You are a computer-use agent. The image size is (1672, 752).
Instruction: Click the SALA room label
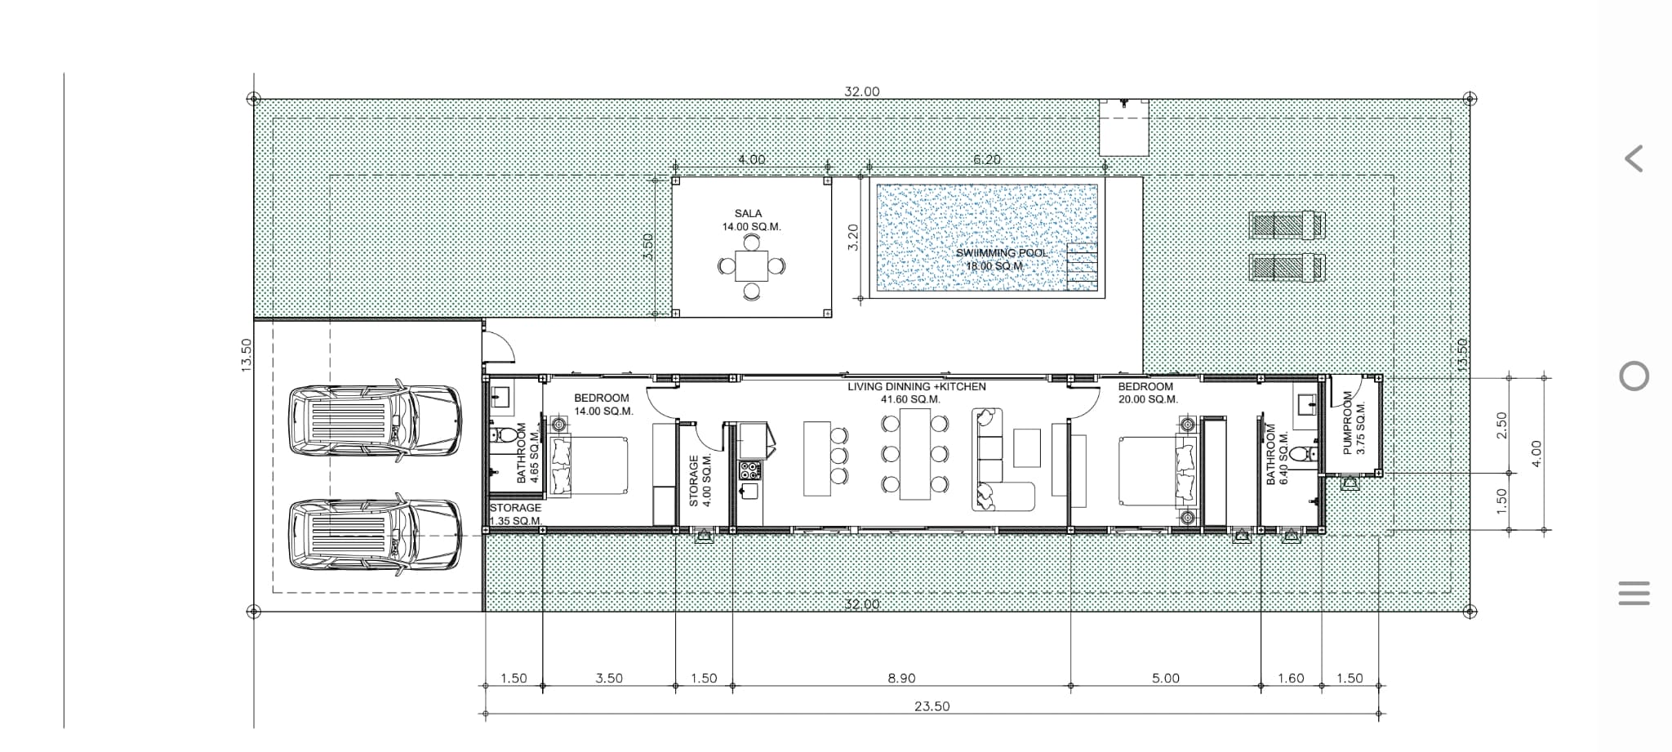(x=748, y=213)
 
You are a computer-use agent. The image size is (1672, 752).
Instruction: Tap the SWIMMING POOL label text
(x=1001, y=253)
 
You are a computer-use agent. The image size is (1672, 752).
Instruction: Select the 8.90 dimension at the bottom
(x=901, y=679)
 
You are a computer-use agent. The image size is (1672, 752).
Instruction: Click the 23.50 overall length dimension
(x=932, y=706)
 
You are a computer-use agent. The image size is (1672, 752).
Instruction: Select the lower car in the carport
(x=375, y=532)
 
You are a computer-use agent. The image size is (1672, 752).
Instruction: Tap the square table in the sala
(x=751, y=265)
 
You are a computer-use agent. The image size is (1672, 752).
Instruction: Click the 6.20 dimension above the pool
(x=987, y=159)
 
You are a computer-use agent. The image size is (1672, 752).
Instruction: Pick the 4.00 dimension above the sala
(x=751, y=159)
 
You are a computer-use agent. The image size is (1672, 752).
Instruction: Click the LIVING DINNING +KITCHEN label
(x=916, y=387)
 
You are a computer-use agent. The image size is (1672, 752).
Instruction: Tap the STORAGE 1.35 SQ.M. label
(x=515, y=514)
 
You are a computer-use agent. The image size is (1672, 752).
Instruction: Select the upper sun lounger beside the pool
(x=1287, y=225)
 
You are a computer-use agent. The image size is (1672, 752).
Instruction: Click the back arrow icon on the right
(x=1634, y=158)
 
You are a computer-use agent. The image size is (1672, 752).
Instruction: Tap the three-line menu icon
(x=1634, y=593)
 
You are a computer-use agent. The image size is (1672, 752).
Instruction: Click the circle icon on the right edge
(x=1634, y=376)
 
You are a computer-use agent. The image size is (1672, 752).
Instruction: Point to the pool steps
(x=1082, y=266)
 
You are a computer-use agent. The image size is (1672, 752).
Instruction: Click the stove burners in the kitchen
(x=749, y=470)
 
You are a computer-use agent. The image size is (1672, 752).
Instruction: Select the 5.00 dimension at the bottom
(x=1166, y=679)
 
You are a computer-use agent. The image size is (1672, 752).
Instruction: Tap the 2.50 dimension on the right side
(x=1501, y=425)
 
